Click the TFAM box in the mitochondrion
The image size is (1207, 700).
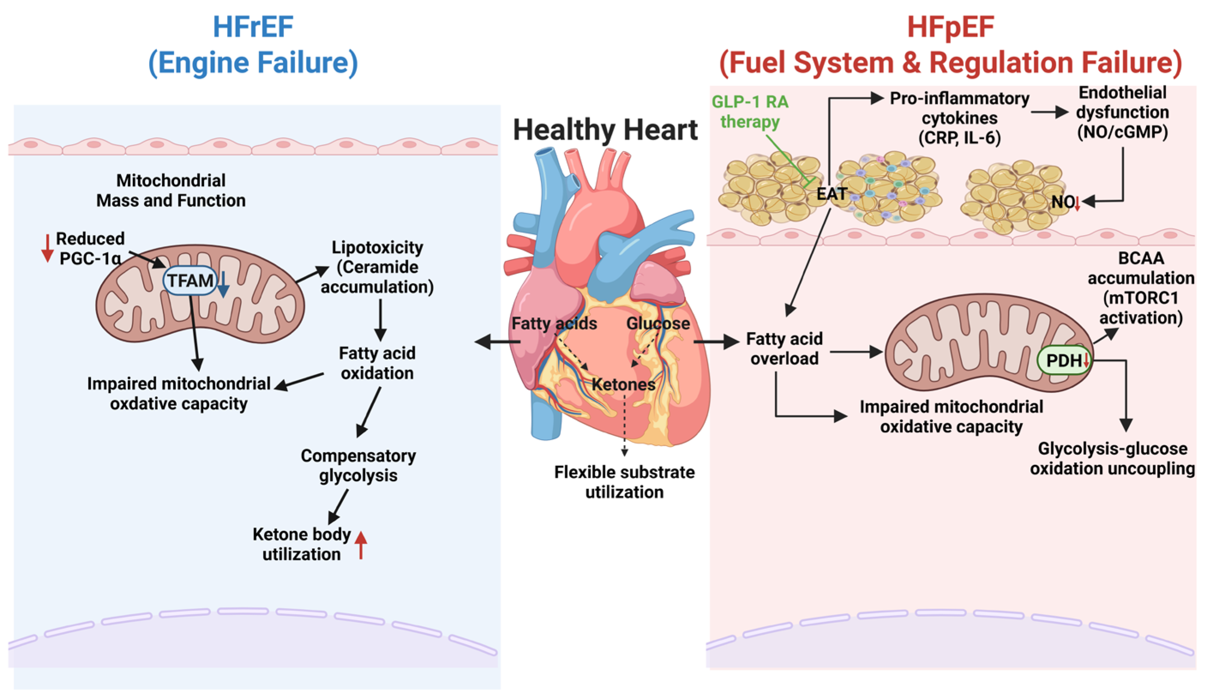(x=190, y=280)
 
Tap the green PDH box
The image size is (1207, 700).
(x=1063, y=360)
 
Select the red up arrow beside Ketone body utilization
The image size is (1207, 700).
(x=361, y=545)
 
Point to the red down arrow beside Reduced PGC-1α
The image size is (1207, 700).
(x=47, y=248)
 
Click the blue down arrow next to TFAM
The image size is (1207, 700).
(x=223, y=285)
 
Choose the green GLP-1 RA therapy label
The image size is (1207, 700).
(x=749, y=112)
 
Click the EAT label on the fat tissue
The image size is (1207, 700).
(x=832, y=194)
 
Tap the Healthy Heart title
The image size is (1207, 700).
(x=605, y=130)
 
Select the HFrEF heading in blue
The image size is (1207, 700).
(x=253, y=27)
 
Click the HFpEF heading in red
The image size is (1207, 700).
(x=950, y=27)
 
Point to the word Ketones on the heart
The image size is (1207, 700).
(x=623, y=384)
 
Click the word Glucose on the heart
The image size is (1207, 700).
(x=658, y=323)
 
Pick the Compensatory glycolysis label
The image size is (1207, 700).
(x=358, y=465)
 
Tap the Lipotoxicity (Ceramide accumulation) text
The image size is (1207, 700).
(x=377, y=267)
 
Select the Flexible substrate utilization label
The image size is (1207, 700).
(x=624, y=482)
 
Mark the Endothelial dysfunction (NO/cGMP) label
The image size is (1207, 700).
(x=1122, y=112)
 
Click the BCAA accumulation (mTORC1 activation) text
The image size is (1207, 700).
(x=1141, y=288)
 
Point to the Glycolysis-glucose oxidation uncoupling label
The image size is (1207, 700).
(x=1112, y=459)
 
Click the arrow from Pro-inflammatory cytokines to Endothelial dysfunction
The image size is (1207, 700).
(x=1049, y=112)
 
